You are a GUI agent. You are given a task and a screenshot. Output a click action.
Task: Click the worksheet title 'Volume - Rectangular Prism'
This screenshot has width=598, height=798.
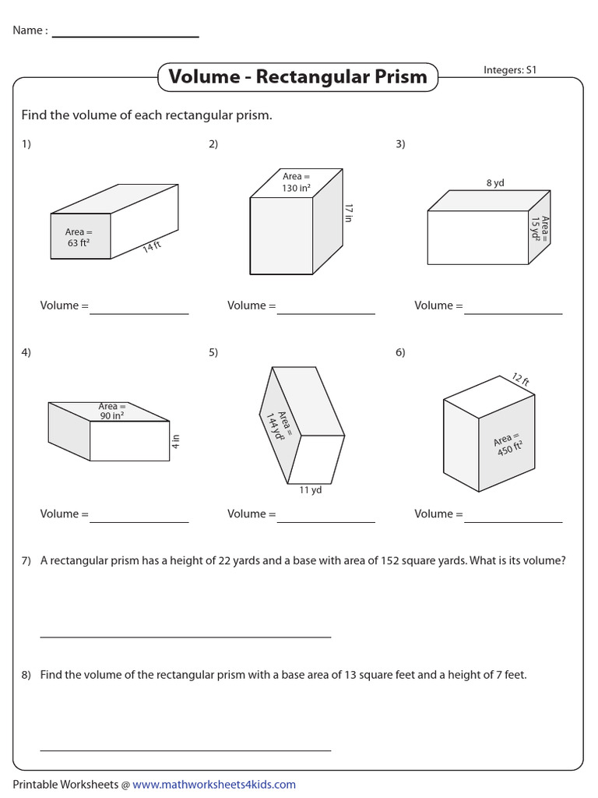(297, 76)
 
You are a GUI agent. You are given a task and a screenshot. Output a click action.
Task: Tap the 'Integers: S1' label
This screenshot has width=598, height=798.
(510, 70)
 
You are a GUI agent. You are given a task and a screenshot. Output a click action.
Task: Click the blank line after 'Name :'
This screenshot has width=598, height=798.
(125, 36)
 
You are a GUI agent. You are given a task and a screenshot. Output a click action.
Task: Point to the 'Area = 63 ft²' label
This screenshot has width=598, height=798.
(79, 237)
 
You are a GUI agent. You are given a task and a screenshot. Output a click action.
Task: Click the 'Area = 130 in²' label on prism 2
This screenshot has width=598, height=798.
(296, 182)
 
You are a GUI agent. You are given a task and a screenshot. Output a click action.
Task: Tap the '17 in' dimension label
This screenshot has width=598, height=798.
(348, 213)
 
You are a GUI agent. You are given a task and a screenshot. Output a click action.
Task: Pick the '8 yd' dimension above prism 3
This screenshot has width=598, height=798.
(495, 183)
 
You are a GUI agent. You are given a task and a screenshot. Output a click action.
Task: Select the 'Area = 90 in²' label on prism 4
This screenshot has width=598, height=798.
(111, 411)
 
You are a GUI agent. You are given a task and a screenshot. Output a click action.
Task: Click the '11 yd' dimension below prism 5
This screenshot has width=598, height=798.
(310, 490)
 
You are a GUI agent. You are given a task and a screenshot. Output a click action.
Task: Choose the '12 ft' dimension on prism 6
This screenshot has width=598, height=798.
(520, 380)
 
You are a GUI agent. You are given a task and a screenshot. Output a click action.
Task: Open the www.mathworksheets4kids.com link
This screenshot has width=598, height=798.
(214, 785)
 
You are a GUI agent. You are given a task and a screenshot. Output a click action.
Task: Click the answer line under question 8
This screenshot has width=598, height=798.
(185, 749)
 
